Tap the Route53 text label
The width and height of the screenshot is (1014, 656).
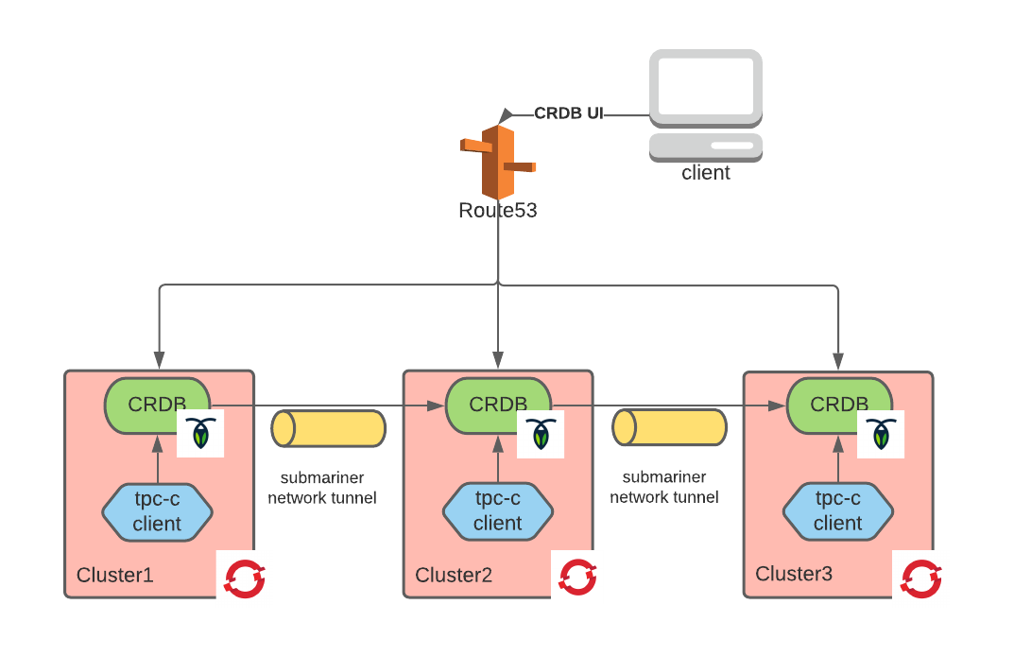497,211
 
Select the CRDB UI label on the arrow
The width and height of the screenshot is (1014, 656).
568,113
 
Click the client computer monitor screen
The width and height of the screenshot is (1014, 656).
706,86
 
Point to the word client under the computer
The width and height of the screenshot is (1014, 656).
706,173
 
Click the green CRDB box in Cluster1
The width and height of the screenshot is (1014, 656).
157,404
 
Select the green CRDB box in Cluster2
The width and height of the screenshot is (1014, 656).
497,404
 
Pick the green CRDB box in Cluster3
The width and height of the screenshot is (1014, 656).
838,404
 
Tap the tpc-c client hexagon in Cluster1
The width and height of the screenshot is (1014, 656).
157,511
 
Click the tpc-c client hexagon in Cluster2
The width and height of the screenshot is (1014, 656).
497,511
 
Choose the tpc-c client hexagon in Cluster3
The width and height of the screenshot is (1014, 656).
837,511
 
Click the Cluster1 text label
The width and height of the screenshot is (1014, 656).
114,575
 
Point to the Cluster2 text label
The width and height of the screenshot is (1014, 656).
454,575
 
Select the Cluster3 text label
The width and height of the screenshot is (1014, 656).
794,574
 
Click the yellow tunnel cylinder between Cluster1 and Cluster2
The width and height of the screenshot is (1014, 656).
328,428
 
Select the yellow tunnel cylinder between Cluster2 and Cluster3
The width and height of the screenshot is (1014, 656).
669,427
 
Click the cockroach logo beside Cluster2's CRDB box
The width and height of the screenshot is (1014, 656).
541,433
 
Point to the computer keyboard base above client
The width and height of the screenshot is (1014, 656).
706,146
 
